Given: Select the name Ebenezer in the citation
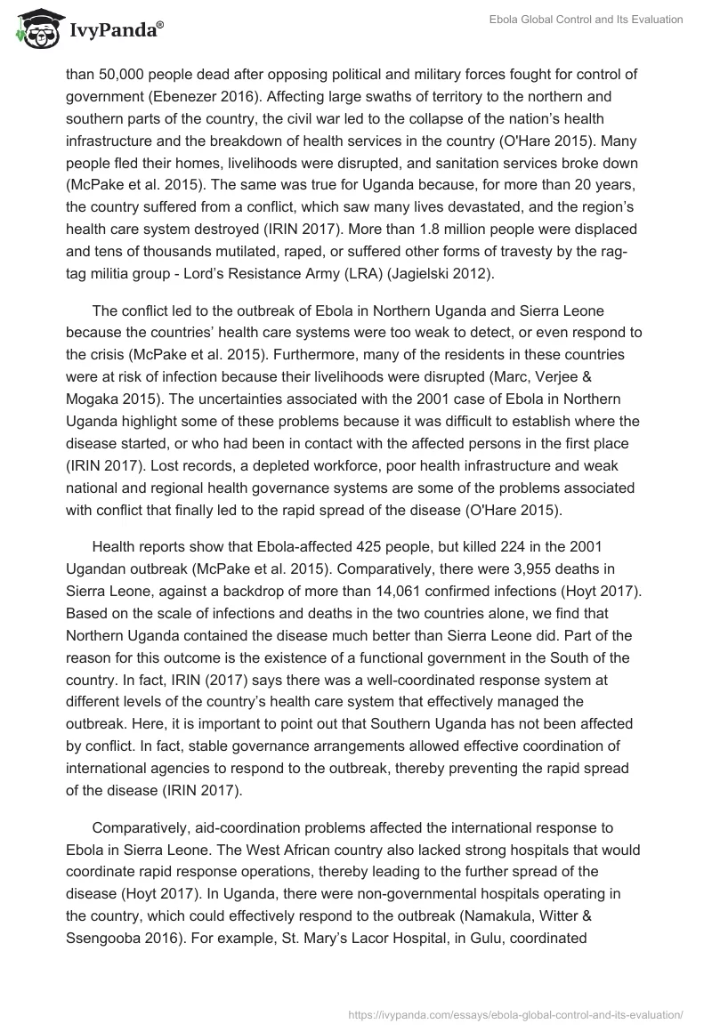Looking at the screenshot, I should pyautogui.click(x=216, y=97).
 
